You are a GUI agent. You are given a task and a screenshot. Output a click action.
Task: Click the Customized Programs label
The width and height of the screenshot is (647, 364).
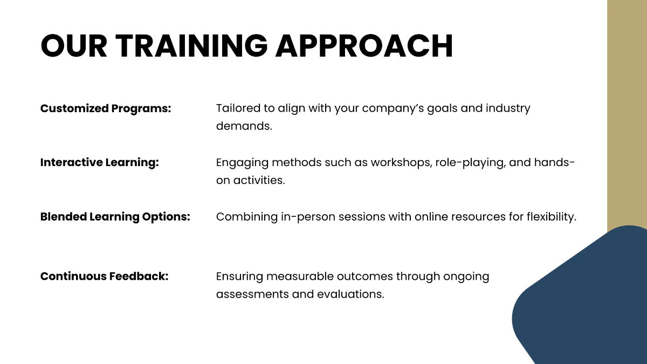click(x=106, y=108)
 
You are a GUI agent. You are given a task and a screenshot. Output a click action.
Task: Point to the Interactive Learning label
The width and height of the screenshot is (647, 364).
click(x=100, y=162)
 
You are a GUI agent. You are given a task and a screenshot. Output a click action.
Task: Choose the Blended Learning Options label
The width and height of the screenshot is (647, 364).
click(x=115, y=217)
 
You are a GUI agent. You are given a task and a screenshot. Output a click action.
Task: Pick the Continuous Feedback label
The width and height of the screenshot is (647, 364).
click(x=105, y=276)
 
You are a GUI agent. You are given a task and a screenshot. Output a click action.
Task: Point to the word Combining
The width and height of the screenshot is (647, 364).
click(x=246, y=217)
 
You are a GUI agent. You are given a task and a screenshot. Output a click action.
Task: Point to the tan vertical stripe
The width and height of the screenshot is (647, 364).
click(x=627, y=108)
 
